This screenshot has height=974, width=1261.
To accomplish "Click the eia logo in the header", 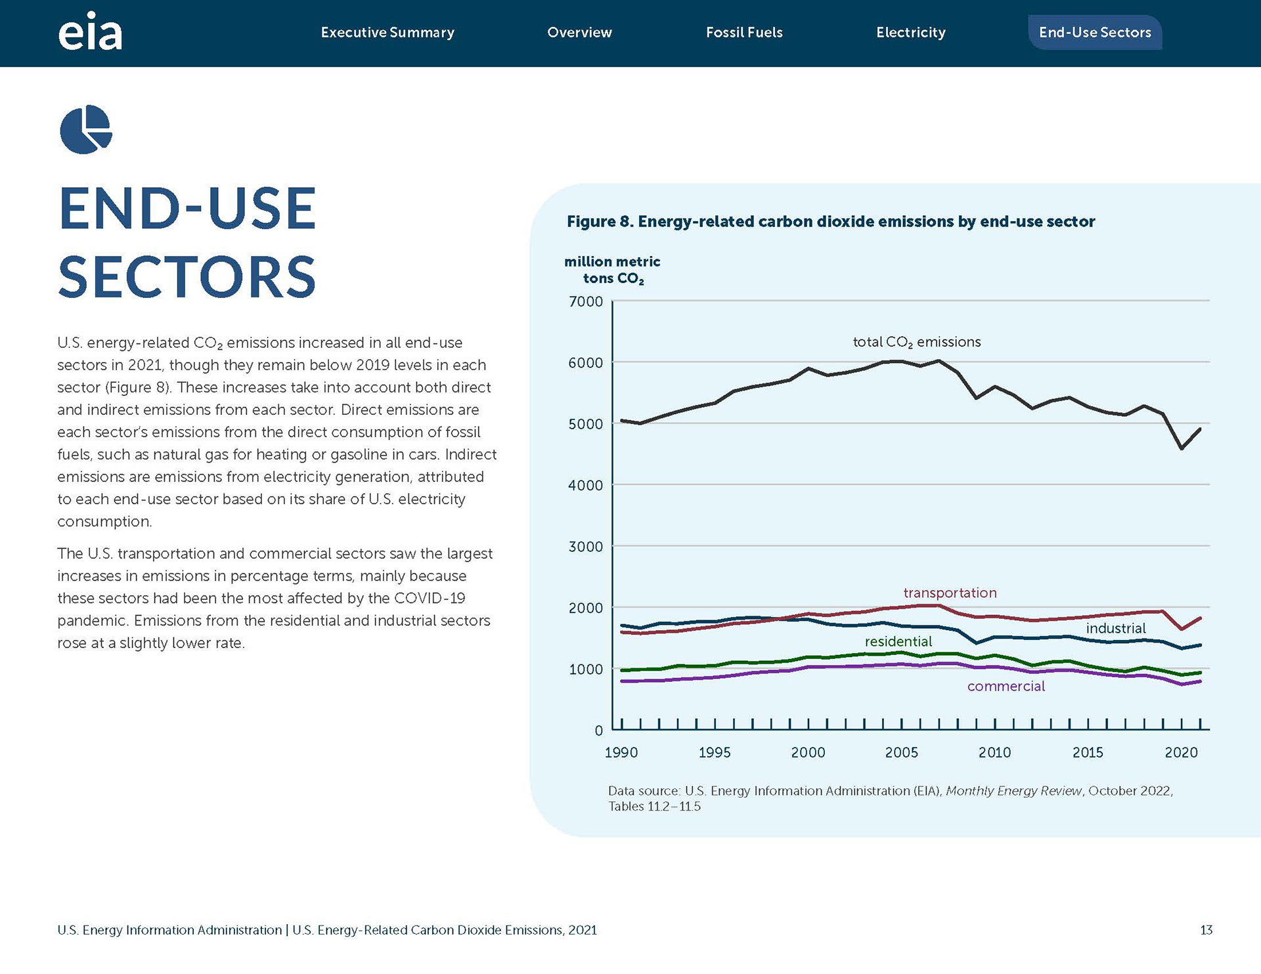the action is point(90,32).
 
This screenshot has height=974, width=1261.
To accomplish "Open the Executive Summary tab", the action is point(387,32).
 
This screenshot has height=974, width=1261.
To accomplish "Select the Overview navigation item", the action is point(579,32).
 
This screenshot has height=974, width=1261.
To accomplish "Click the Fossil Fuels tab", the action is point(744,32).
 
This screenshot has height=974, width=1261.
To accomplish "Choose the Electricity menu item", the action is point(911,32).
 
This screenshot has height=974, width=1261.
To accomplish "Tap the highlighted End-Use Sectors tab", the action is point(1095,32).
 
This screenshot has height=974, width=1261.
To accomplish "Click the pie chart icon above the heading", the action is point(86,129).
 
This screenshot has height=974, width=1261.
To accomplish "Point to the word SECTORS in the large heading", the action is point(187,276).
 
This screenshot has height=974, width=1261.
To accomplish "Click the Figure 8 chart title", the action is point(831,221).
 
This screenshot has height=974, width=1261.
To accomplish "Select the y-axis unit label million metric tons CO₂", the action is point(612,270).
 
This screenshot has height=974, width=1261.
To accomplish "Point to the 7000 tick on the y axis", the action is point(586,301).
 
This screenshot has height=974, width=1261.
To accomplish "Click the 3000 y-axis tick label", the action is point(586,547).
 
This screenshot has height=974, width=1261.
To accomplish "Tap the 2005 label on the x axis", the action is point(901,752).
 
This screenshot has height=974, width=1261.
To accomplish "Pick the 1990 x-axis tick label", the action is point(621,752).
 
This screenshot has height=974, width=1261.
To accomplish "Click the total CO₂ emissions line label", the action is point(916,342).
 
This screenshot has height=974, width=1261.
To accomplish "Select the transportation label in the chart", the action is point(950,593).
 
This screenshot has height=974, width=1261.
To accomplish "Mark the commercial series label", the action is point(1006,686).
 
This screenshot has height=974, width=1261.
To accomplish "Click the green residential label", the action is point(898,641).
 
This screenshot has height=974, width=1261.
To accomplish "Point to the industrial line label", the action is point(1116,628).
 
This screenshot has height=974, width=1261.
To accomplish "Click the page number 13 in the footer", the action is point(1206,930).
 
